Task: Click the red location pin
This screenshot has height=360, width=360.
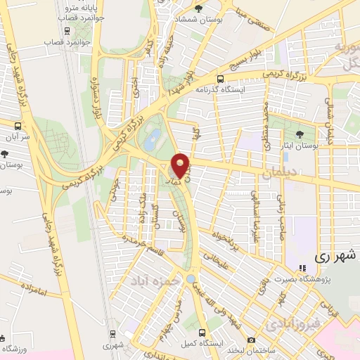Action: tap(181, 165)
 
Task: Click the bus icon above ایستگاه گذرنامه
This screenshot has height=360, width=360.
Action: tap(221, 79)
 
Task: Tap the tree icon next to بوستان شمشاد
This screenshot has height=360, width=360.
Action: tap(198, 8)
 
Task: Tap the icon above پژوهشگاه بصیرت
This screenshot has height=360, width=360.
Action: tap(303, 268)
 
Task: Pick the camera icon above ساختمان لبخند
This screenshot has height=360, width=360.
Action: tap(252, 340)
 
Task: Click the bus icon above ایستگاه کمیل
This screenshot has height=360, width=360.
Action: tap(202, 332)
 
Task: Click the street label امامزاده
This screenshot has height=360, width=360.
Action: tap(32, 289)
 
